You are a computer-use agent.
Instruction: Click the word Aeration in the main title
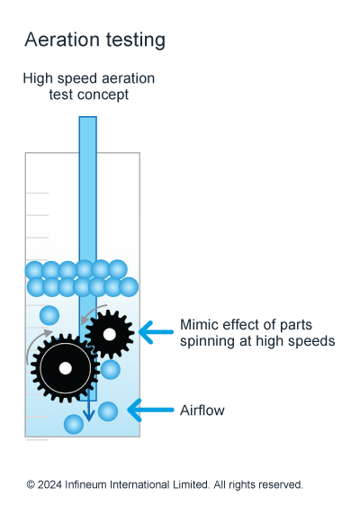pos(62,40)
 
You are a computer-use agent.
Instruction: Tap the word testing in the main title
pos(136,41)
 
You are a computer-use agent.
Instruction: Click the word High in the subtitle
pos(38,79)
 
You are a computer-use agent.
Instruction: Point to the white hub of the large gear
pos(66,368)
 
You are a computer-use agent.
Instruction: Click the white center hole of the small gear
pos(110,334)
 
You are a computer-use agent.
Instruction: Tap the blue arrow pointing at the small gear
pos(157,332)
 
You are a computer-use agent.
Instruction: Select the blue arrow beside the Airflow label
pos(150,410)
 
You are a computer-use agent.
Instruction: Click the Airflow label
pos(202,410)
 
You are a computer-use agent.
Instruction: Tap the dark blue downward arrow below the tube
pos(88,405)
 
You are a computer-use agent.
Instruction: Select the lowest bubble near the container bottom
pos(74,425)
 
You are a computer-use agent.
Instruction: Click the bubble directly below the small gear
pos(110,369)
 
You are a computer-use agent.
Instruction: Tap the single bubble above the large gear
pos(49,315)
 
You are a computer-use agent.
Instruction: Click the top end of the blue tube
pos(88,117)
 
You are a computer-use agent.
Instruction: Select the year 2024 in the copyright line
pos(49,484)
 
